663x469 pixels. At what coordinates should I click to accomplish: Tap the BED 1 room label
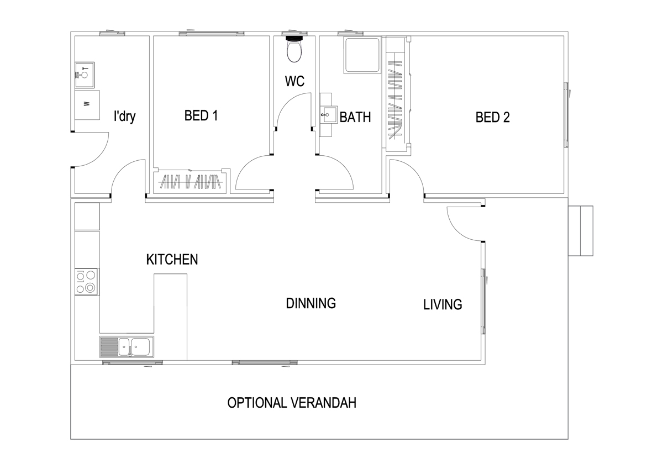(201, 115)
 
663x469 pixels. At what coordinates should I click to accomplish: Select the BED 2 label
(492, 117)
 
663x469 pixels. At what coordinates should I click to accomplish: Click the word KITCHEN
(172, 260)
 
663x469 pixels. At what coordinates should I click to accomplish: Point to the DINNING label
(311, 303)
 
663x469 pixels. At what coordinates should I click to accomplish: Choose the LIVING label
(443, 304)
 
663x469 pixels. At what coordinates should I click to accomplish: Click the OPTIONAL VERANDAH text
(292, 403)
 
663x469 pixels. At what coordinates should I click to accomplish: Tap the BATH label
(355, 117)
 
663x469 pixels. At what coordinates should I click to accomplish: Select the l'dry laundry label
(125, 117)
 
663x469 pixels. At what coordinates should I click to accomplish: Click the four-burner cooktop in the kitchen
(87, 282)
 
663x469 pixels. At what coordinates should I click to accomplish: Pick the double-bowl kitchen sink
(127, 347)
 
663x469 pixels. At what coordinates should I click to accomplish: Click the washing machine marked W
(87, 105)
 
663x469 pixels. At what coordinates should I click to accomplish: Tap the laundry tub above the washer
(85, 75)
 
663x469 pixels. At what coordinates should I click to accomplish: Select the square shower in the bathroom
(362, 55)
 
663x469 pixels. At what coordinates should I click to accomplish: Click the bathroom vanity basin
(329, 114)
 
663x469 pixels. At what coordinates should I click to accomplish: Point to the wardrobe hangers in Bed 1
(190, 181)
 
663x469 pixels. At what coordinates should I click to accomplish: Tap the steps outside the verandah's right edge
(581, 231)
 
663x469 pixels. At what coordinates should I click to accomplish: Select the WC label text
(294, 81)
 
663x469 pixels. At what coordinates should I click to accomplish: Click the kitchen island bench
(170, 317)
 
